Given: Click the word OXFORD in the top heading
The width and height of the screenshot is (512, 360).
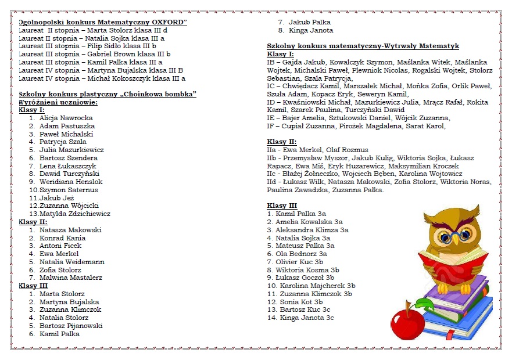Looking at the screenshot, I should [x=169, y=22].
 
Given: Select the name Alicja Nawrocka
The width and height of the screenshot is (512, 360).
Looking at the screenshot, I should [x=66, y=118].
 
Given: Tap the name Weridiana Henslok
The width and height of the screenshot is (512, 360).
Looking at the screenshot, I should [x=71, y=182].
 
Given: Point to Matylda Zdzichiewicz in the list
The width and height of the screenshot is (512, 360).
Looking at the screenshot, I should [x=74, y=214].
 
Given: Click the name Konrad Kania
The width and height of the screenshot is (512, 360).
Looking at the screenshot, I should [x=62, y=238].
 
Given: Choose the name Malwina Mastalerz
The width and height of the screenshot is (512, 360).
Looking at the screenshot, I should [x=70, y=278].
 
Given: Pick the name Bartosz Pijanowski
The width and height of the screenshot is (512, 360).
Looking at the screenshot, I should [x=71, y=326].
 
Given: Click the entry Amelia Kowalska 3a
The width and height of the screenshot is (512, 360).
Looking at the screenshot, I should [x=309, y=222].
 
